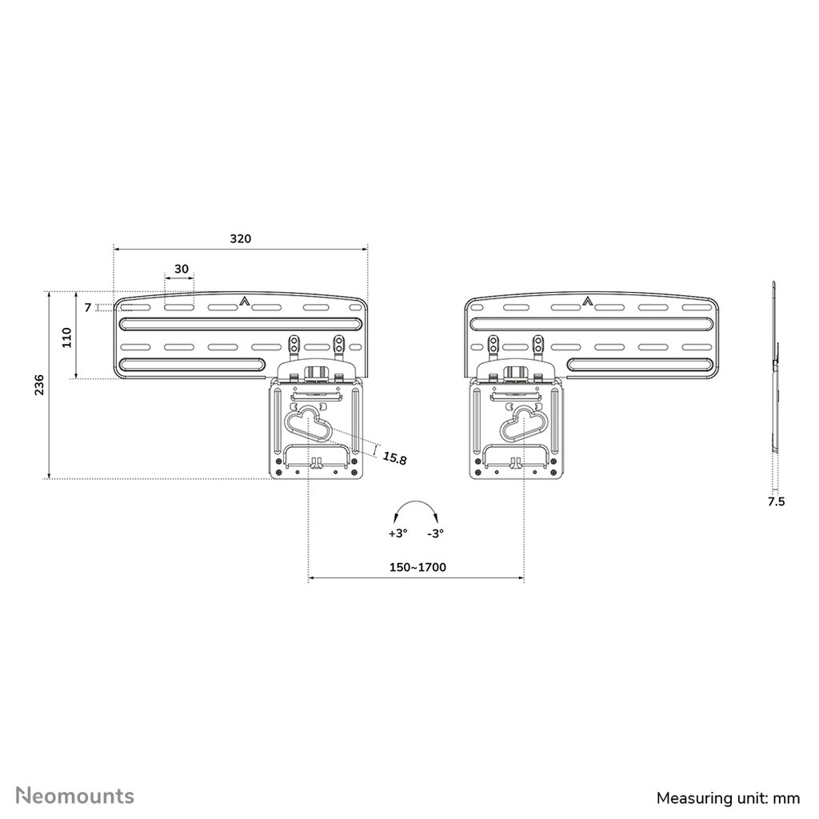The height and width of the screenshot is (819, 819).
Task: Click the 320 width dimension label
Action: tap(240, 238)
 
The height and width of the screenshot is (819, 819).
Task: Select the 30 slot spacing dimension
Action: tap(182, 269)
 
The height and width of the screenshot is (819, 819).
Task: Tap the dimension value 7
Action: tap(88, 307)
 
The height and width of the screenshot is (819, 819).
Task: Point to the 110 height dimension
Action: tap(67, 338)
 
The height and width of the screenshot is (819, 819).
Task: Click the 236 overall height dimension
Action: tap(38, 386)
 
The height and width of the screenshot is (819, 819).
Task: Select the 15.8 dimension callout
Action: tap(394, 457)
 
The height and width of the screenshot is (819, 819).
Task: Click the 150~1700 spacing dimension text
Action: tap(417, 567)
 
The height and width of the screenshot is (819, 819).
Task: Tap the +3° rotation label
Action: tap(398, 533)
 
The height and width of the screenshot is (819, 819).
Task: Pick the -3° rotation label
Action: tap(435, 533)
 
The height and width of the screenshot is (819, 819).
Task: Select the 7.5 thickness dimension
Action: tap(776, 501)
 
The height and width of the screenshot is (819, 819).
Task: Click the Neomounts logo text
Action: tap(76, 773)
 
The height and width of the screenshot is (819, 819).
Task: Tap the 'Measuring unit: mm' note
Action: tap(728, 775)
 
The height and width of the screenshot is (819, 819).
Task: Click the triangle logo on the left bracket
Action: tap(242, 302)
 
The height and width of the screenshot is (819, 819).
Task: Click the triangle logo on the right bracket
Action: tap(588, 302)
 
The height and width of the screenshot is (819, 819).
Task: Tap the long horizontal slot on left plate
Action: tap(240, 323)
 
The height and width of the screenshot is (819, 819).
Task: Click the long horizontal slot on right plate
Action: tap(592, 323)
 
